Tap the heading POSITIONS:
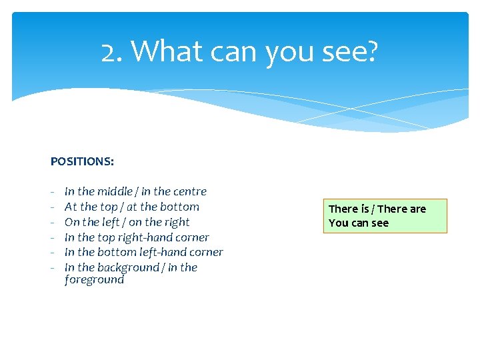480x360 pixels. click(82, 161)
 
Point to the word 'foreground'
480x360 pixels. click(94, 280)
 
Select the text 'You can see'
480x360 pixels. click(359, 223)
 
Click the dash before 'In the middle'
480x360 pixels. click(53, 192)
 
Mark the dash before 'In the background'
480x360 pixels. click(53, 268)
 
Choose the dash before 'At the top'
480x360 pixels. click(53, 207)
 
